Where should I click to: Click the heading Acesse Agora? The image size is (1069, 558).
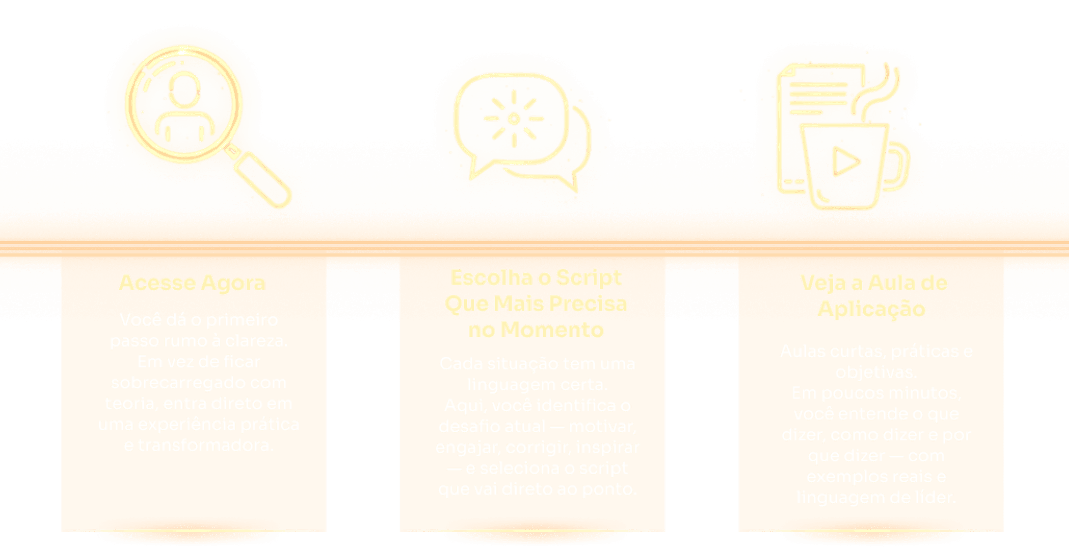192,283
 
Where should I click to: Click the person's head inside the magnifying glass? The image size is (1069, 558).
184,90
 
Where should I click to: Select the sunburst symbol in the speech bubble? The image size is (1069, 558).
513,119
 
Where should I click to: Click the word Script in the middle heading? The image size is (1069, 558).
588,278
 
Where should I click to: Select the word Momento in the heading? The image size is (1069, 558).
552,330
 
